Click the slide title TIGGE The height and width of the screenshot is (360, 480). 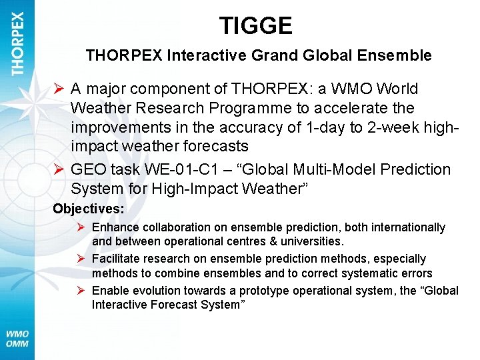[x=256, y=26]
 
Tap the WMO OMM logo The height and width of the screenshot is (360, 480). [x=18, y=339]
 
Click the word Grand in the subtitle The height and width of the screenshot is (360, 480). [x=278, y=56]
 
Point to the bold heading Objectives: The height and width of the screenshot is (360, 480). [x=89, y=209]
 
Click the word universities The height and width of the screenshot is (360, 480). [x=311, y=241]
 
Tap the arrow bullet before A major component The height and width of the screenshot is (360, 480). [x=59, y=89]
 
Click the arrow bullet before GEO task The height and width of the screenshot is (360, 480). [x=59, y=169]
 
